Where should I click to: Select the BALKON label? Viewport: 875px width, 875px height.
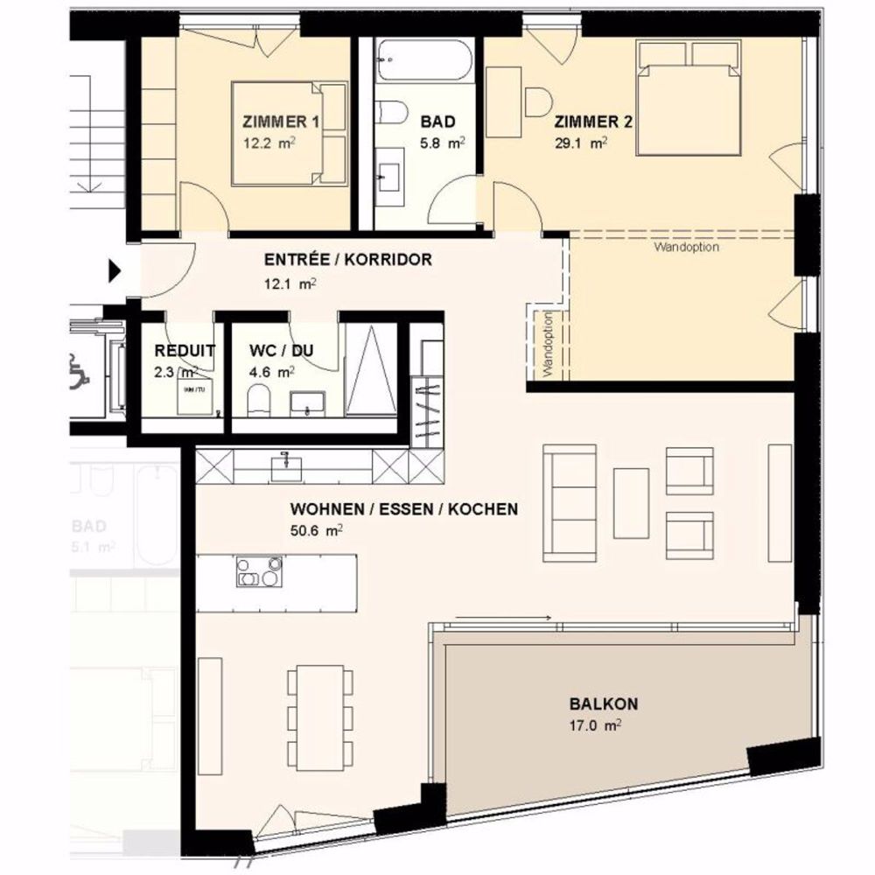point(604,703)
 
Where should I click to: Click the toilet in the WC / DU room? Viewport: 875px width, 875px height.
point(259,403)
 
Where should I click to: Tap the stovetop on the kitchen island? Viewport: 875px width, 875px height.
point(259,572)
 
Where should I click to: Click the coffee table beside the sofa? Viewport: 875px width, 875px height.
point(631,503)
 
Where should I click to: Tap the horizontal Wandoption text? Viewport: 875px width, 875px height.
point(686,248)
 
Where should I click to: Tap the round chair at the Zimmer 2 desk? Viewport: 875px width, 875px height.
point(536,101)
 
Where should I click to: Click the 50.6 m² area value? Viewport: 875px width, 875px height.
point(315,529)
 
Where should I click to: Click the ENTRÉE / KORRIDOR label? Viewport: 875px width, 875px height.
point(347,260)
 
